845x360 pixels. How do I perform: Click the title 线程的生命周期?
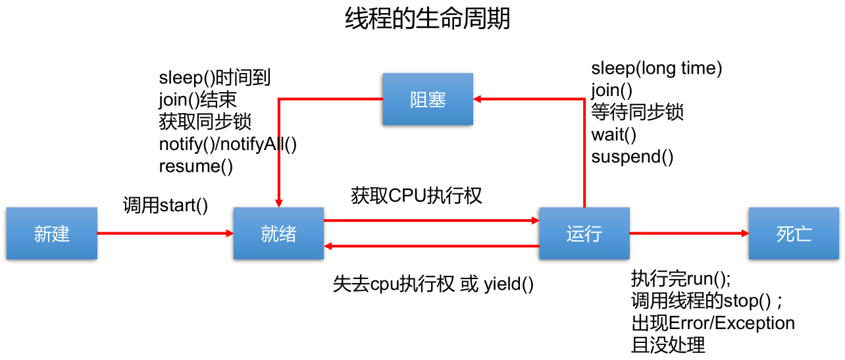(x=427, y=19)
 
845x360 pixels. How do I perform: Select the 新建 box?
(x=52, y=234)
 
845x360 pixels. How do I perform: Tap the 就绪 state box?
(x=278, y=234)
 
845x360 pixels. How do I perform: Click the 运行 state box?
(x=584, y=234)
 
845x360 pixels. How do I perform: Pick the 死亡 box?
(x=794, y=234)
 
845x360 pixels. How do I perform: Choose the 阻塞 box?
(x=428, y=99)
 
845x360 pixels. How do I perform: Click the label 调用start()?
(x=165, y=205)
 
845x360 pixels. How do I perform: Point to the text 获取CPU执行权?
(x=417, y=195)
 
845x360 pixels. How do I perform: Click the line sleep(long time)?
(x=657, y=68)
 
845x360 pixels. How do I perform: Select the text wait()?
(x=613, y=135)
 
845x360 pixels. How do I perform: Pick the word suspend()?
(x=632, y=157)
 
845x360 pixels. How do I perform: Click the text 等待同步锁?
(x=637, y=113)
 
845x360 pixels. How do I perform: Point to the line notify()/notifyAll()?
(x=228, y=144)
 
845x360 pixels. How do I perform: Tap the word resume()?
(x=195, y=167)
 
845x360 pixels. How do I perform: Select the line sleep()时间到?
(x=215, y=78)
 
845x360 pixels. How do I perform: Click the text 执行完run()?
(x=680, y=278)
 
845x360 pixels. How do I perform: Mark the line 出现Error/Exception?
(x=713, y=323)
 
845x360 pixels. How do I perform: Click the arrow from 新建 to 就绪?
(x=165, y=233)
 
